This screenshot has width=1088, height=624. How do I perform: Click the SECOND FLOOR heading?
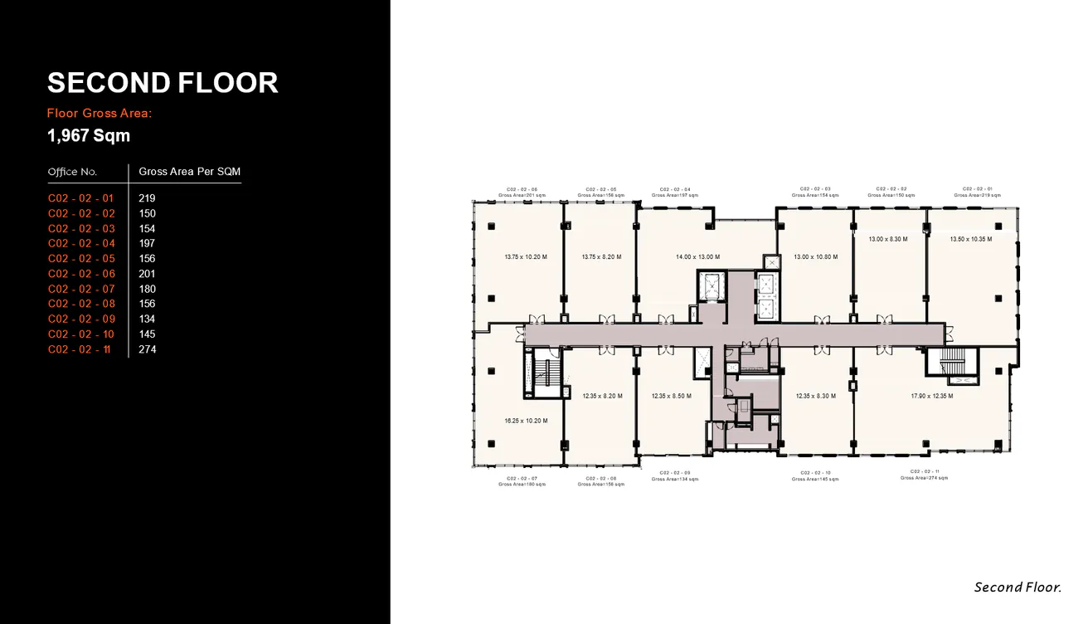tap(163, 83)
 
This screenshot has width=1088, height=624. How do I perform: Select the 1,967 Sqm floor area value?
tap(89, 135)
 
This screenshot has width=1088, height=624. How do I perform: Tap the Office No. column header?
tap(72, 172)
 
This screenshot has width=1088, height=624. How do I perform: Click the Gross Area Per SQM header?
tap(189, 172)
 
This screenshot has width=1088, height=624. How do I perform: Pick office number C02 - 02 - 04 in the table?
tap(81, 244)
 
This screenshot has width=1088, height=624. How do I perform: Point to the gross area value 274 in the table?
tap(148, 349)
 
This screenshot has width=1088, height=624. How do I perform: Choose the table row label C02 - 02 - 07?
tap(81, 289)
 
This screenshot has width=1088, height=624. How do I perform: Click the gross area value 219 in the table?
tap(147, 198)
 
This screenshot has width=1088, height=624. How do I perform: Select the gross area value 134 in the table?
tap(147, 319)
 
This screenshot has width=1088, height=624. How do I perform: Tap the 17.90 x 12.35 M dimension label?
tap(931, 397)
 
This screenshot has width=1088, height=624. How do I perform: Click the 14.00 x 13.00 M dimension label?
tap(697, 257)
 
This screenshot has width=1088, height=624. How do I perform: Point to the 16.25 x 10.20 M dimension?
tap(526, 422)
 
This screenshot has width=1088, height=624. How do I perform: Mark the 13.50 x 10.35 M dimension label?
tap(970, 239)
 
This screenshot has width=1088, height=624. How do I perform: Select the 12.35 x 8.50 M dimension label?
tap(671, 397)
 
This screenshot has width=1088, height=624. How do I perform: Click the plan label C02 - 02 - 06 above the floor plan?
tap(522, 189)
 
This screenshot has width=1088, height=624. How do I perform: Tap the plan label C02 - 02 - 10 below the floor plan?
tap(815, 473)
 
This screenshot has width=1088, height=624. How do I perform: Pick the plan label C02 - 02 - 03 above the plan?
tap(815, 189)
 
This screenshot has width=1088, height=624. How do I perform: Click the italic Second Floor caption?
tap(1018, 587)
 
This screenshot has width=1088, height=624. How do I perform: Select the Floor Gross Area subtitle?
tap(100, 113)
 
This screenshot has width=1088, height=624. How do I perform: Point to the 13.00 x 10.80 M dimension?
tap(815, 257)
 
